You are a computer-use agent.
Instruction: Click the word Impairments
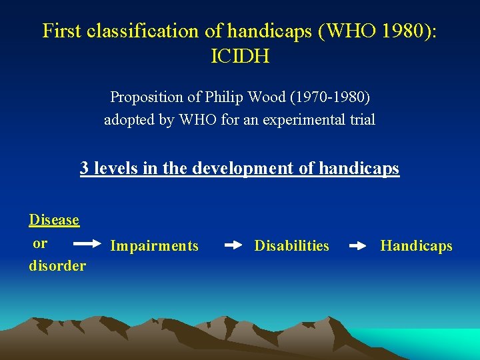tap(154, 246)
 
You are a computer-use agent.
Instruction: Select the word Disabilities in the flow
tap(291, 246)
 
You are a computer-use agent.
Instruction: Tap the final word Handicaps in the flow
tap(416, 246)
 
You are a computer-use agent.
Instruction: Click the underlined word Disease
tap(54, 220)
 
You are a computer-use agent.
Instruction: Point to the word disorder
tap(57, 266)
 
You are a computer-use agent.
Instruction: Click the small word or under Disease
tap(41, 243)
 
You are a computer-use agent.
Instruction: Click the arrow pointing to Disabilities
tap(233, 245)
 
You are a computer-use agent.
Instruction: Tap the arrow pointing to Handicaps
tap(358, 245)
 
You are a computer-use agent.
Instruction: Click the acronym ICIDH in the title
tap(239, 57)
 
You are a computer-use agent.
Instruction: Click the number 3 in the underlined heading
tap(85, 168)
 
